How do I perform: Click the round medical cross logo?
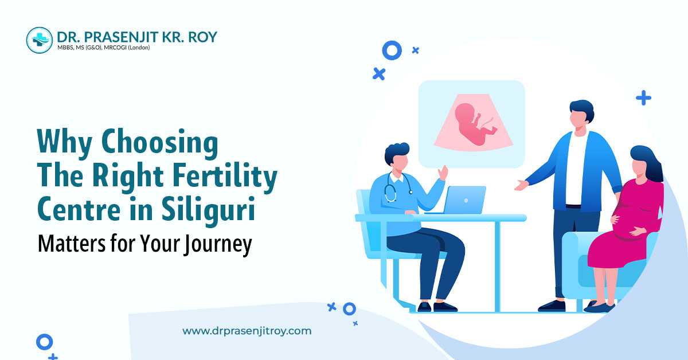point(40,40)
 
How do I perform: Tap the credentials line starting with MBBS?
point(104,48)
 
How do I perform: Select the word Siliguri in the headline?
point(208,209)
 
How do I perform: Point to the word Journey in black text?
point(218,244)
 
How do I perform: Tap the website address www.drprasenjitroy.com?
point(247,331)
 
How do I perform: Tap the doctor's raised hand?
point(443,173)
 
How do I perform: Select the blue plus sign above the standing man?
point(643,98)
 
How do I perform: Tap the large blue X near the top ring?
point(379,74)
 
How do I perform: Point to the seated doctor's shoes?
point(437,307)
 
